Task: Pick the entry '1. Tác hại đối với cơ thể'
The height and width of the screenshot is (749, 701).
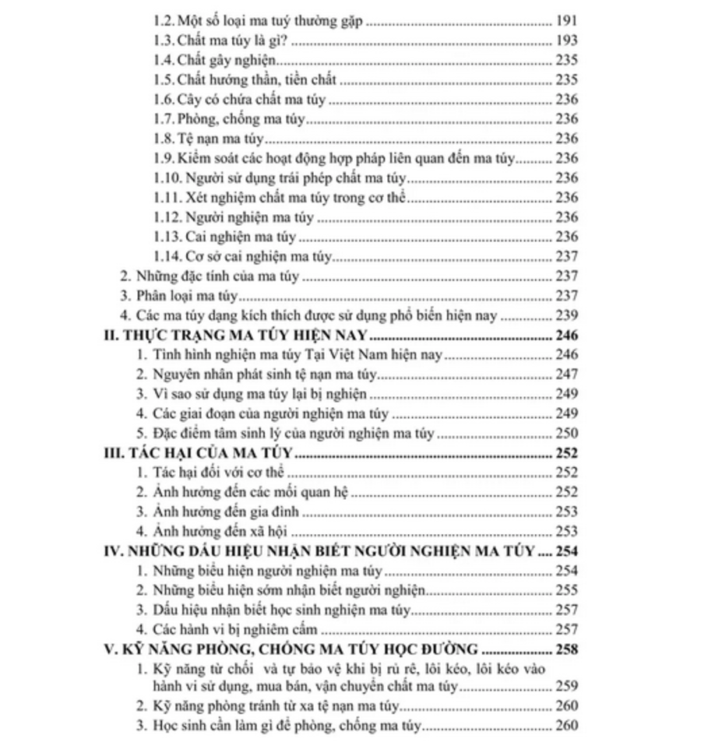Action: [x=210, y=473]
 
